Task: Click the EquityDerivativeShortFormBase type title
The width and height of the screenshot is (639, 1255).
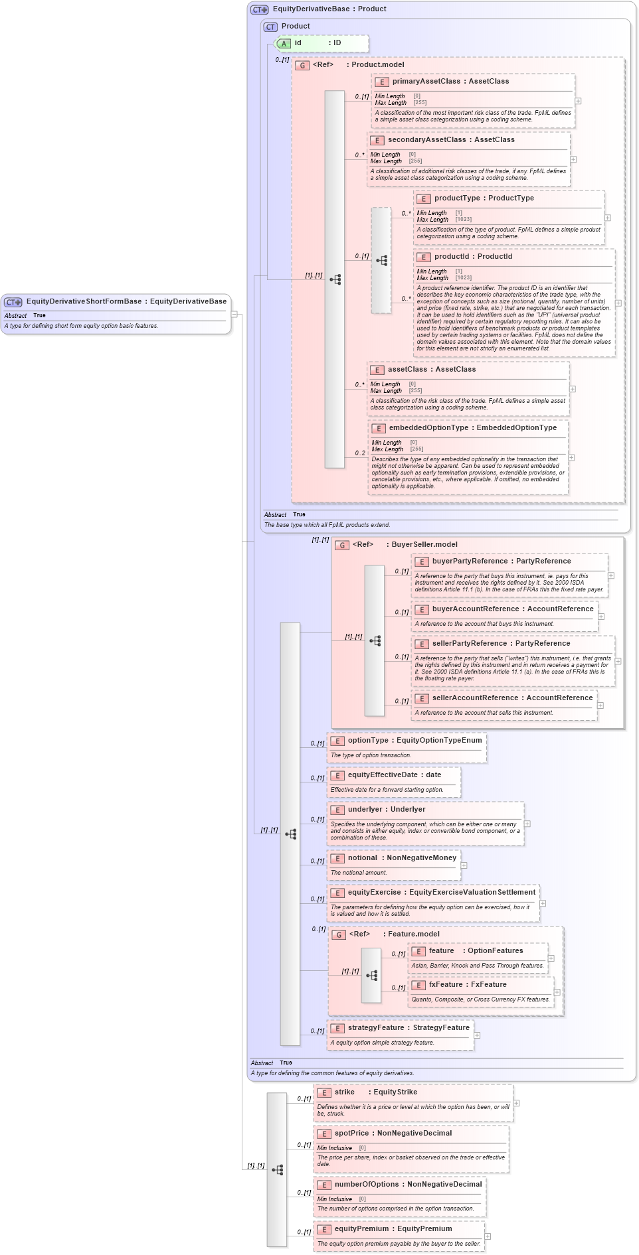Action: point(126,301)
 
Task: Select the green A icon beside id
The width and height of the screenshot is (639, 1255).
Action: point(284,44)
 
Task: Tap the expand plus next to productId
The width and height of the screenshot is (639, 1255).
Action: point(618,303)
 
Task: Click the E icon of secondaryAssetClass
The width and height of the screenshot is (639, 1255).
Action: point(377,140)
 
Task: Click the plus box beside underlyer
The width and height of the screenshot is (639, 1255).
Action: point(527,824)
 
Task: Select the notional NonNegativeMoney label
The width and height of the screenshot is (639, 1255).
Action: point(402,857)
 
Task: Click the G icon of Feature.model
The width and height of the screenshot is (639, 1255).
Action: point(339,934)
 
